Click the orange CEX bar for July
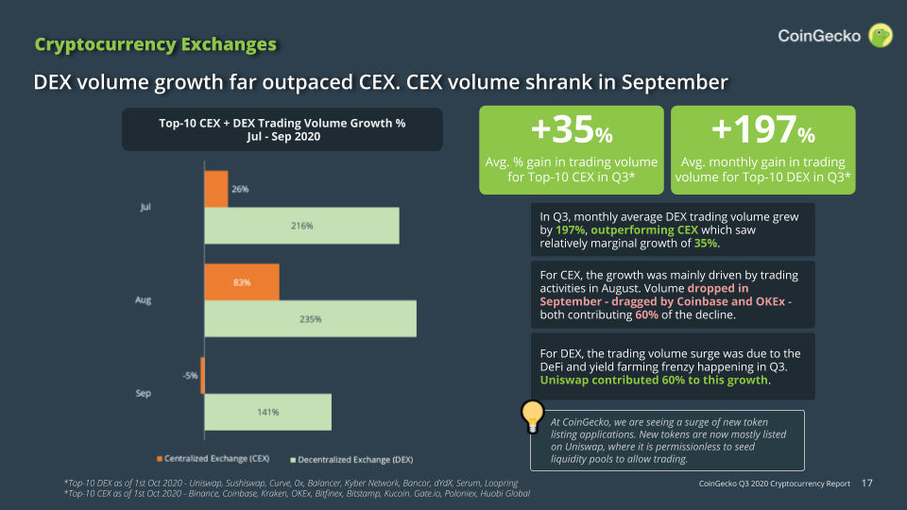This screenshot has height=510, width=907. [x=215, y=189]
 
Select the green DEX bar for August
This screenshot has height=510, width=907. [x=310, y=319]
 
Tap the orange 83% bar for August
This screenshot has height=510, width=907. [x=241, y=282]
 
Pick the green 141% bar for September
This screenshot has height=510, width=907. [x=267, y=412]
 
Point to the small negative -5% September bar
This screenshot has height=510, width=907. [x=203, y=375]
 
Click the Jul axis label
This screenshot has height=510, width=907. [x=145, y=207]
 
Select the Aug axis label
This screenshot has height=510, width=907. [x=145, y=300]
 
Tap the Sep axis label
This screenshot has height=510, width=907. [x=145, y=393]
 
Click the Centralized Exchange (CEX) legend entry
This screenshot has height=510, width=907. [x=213, y=459]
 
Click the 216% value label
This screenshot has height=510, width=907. [x=301, y=226]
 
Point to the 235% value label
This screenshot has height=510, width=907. [x=310, y=319]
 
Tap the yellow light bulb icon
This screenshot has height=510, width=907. [x=535, y=416]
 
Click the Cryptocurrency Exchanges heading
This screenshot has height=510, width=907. [x=156, y=44]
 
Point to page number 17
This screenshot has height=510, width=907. [x=867, y=484]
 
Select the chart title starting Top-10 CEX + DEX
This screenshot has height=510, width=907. [x=282, y=129]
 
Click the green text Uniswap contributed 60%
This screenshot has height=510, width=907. [x=654, y=382]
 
